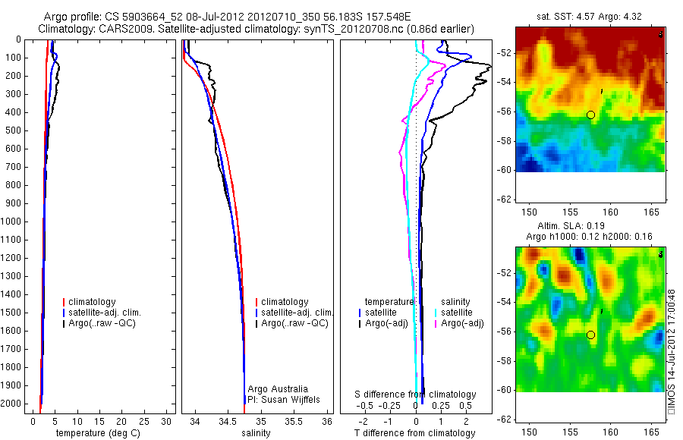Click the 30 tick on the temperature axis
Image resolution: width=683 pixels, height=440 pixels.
pos(167,420)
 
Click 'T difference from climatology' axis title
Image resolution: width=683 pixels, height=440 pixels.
pos(415,433)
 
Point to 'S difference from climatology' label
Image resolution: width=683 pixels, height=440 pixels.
pos(416,394)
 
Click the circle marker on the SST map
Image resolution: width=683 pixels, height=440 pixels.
pos(590,115)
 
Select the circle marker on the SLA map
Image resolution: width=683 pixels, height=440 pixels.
pos(590,335)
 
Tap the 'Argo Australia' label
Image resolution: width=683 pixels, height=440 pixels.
pos(278,388)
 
